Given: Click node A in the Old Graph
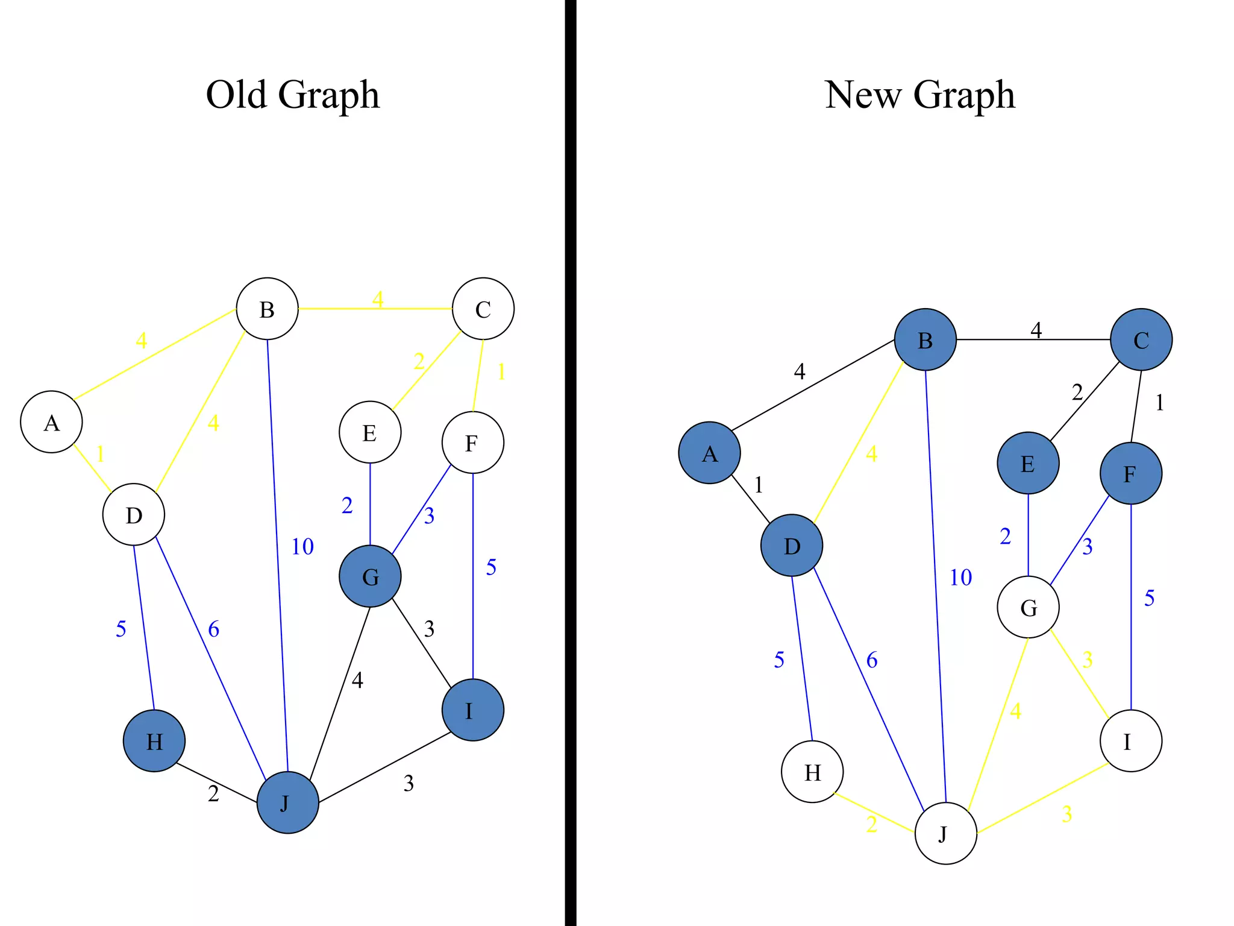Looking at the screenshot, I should pos(51,422).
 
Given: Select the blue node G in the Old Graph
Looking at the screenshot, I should pos(370,576).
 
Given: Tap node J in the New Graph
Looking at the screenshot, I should pos(945,834).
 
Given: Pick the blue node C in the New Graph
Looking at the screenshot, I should pos(1141,339).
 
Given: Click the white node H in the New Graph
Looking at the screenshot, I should pos(812,772).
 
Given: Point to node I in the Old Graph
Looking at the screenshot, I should pos(472,710).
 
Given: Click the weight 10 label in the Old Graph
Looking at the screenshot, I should pos(302,547).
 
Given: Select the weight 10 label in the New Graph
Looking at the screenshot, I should pos(961,578).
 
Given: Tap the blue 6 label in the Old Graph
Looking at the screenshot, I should pos(214,629).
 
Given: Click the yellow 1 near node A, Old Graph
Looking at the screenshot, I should pos(101,454).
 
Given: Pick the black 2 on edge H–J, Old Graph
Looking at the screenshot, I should pos(213,794).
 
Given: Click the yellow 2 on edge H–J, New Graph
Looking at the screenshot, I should pos(872,824).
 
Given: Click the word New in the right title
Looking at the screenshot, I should pos(862,95).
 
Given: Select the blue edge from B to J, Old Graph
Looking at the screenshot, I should pos(277,543).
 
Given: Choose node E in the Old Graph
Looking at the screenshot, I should pos(370,432).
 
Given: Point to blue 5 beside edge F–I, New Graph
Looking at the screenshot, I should pos(1150,599).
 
